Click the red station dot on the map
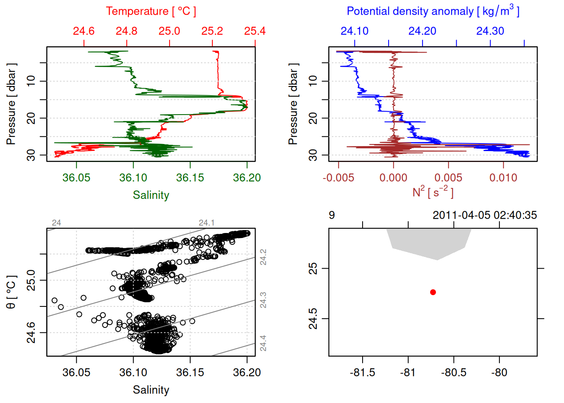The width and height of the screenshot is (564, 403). coord(433,292)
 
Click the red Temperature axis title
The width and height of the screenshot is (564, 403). coord(151,11)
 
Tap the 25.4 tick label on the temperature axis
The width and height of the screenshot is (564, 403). coord(255,31)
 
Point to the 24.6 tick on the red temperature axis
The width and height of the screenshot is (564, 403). coord(84,31)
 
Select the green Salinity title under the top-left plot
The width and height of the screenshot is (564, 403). coord(151,195)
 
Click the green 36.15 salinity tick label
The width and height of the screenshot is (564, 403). coord(190,178)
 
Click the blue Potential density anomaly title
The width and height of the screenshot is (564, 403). coord(433,11)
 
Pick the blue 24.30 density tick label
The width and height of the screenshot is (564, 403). coord(490,31)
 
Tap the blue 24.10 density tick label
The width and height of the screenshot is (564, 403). coord(355,31)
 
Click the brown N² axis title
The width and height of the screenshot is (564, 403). coord(433,192)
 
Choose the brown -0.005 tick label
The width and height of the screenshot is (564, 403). coord(338,178)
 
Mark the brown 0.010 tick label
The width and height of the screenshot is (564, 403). coord(503,178)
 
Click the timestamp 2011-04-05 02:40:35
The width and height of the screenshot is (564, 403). coord(485,215)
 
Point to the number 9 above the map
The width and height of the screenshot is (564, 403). coord(332,215)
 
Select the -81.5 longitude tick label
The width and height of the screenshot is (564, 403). coord(363,372)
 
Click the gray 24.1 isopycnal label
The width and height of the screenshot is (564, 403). coord(206,222)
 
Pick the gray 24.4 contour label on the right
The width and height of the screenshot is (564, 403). coord(263,343)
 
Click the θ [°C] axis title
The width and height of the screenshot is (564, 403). coord(11,292)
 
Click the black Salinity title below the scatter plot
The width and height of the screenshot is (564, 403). coord(151,390)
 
